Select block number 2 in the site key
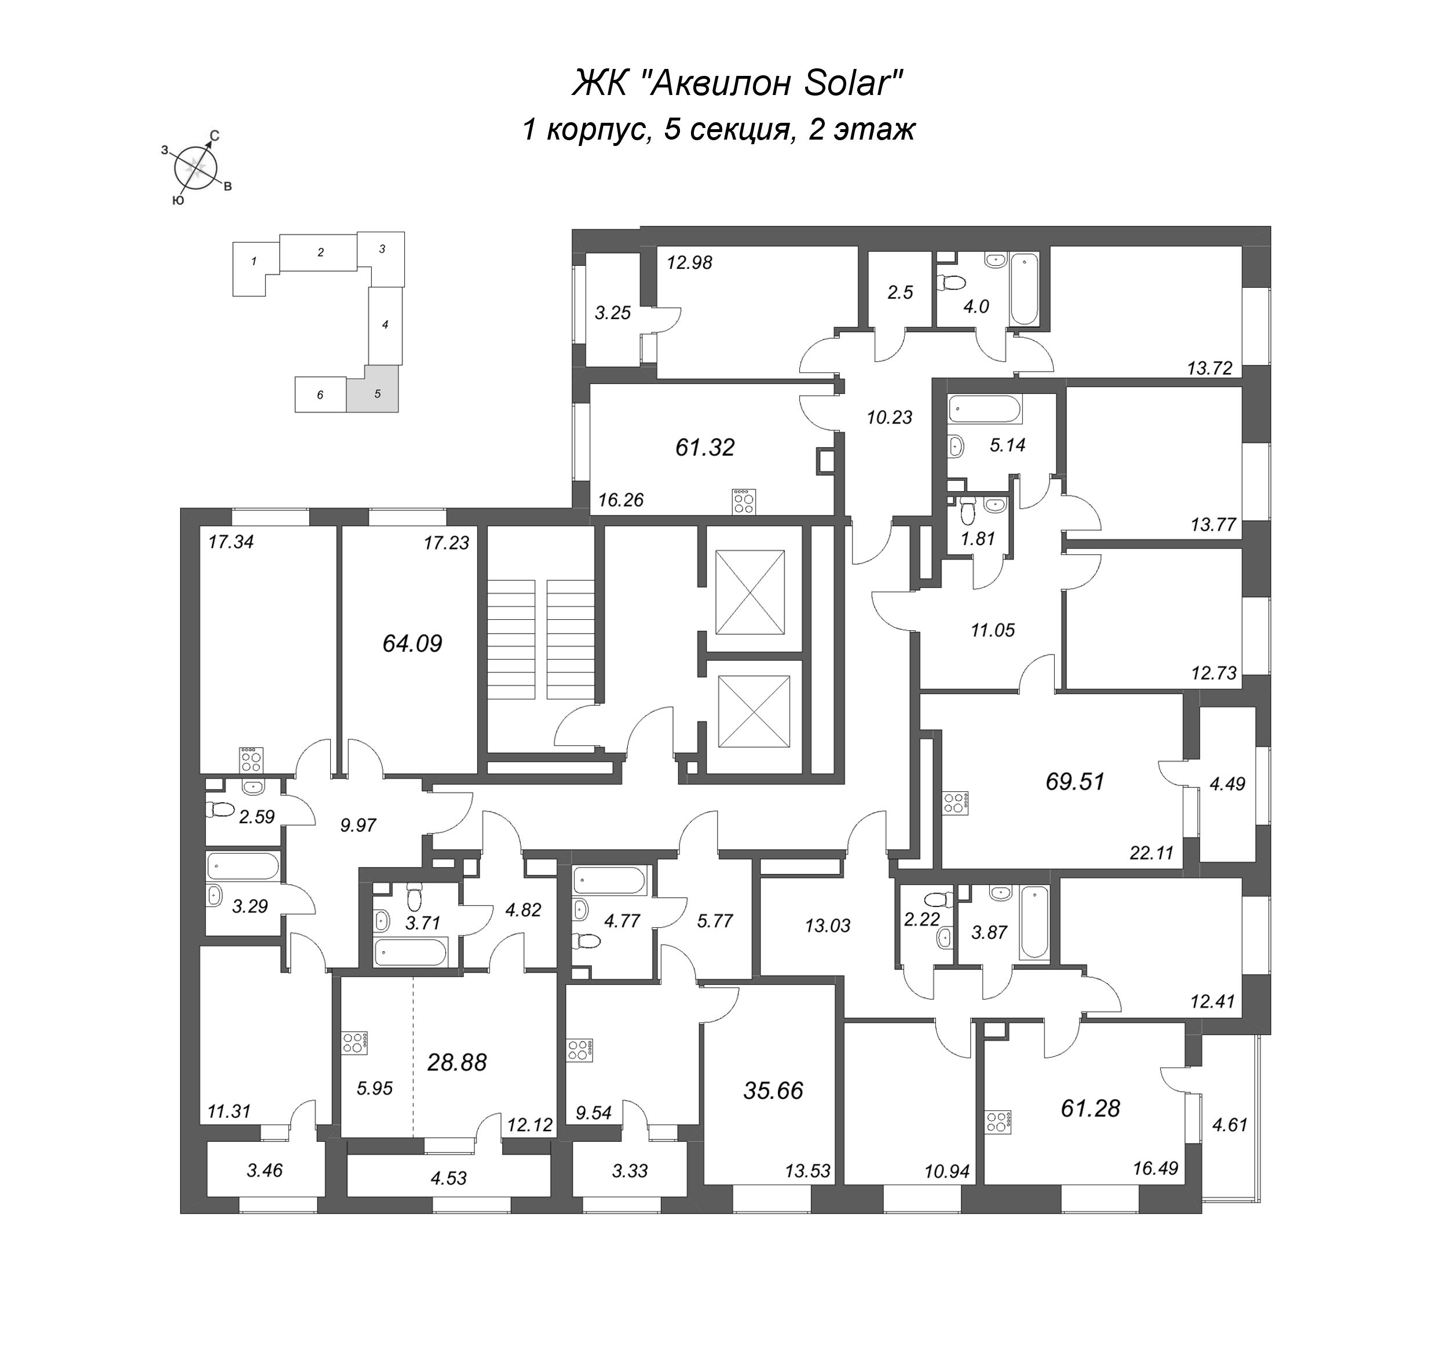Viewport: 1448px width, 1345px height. tap(320, 253)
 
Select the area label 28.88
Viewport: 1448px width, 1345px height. tap(456, 1062)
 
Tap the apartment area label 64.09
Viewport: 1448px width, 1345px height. tap(412, 644)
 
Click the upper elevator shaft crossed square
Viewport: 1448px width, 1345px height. tap(749, 593)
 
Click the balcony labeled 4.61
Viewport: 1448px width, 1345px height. tap(1230, 1124)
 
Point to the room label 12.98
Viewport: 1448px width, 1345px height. tap(689, 263)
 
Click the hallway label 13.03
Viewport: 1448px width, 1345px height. tap(827, 926)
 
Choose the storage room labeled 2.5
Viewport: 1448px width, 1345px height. tap(899, 293)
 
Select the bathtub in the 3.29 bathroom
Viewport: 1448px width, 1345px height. tap(242, 867)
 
